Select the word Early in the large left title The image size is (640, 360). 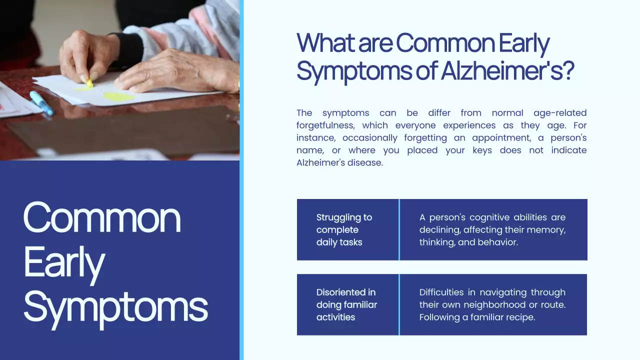pos(64,262)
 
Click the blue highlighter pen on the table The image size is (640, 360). pos(41,102)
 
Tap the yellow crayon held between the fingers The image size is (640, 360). pos(89,83)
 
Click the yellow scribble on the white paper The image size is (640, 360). pos(118,96)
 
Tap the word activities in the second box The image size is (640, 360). pos(335,317)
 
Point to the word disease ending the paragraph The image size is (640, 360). pos(367,163)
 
